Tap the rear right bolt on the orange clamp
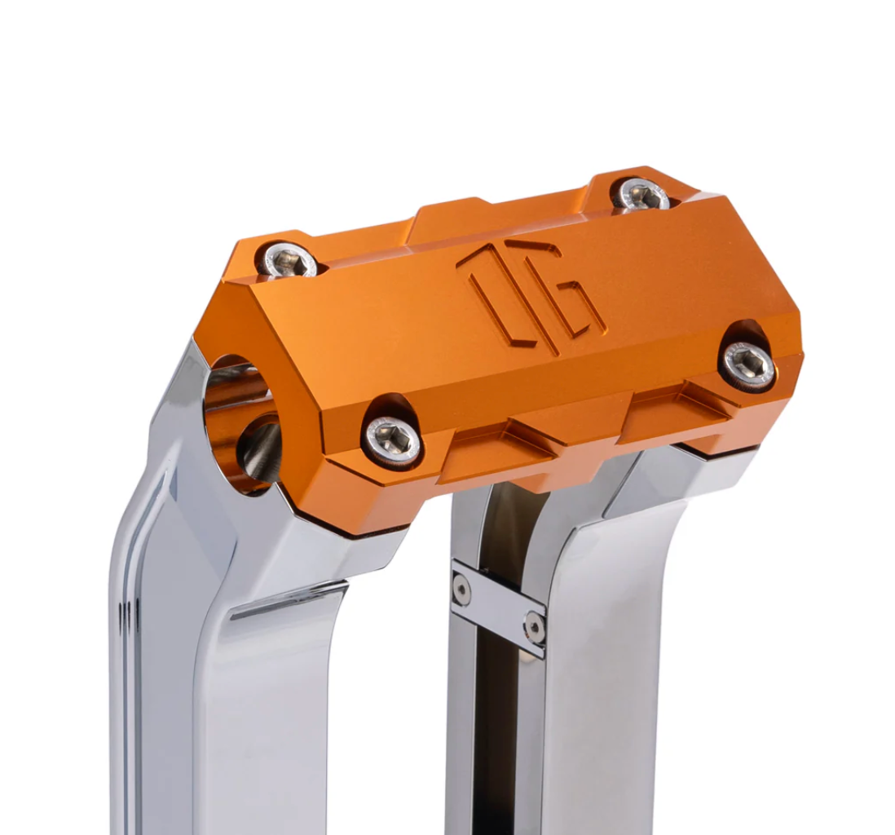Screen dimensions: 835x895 [641, 196]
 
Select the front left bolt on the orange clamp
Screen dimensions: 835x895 [392, 440]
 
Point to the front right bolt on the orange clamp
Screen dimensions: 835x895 [747, 364]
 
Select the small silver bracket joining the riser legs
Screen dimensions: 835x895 [498, 607]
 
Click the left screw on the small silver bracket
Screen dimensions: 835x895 [461, 589]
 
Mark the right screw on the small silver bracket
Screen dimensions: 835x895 [535, 627]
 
